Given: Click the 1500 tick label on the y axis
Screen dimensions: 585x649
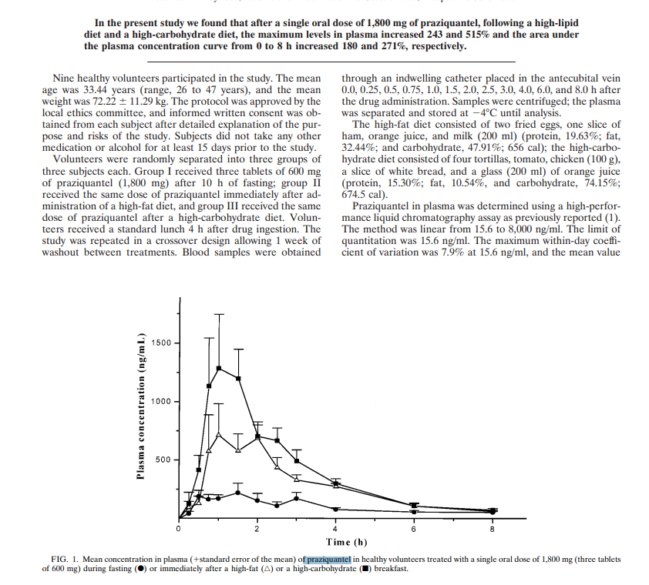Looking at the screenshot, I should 162,343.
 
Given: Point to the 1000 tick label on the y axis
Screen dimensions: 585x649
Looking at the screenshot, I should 162,402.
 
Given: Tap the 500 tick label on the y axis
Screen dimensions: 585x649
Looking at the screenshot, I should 165,460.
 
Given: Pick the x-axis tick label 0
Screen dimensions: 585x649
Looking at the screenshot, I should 178,530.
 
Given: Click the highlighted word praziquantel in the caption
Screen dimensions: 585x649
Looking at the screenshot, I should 329,559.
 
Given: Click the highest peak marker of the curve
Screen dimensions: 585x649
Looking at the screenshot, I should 219,368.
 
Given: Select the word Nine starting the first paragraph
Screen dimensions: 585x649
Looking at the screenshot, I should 65,79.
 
